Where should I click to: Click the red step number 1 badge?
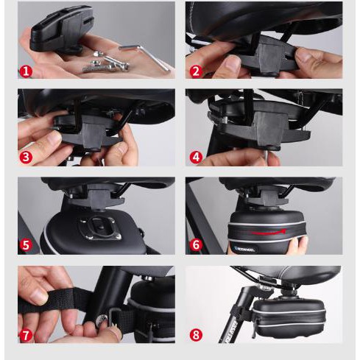coord(27,71)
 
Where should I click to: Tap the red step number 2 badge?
coord(196,71)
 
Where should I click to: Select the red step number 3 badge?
coord(27,157)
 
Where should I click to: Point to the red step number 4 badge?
coord(196,157)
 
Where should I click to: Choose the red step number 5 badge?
coord(27,245)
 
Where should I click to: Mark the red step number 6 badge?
coord(196,245)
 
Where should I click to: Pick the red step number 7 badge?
coord(27,335)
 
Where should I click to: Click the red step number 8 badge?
coord(196,335)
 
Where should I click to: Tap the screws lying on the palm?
coord(103,63)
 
